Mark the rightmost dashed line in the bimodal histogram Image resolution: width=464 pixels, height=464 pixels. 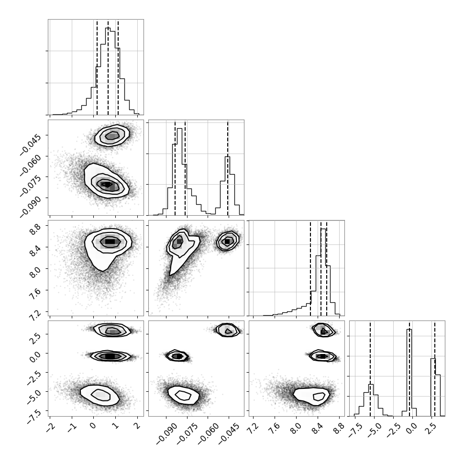point(228,168)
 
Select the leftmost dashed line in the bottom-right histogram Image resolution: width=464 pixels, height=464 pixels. point(370,368)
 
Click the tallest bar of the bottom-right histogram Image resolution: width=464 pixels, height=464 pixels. point(409,373)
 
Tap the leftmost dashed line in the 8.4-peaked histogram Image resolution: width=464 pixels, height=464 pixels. point(310,268)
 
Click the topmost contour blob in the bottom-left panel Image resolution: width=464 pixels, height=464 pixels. point(112,330)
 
